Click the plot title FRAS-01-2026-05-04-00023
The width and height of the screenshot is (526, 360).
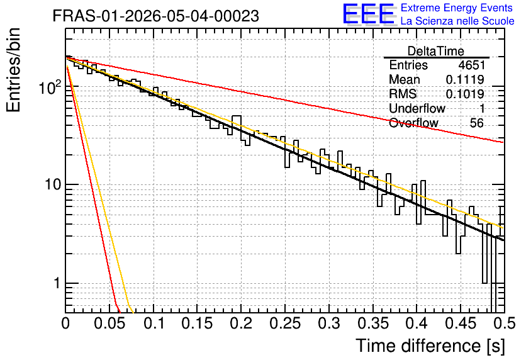tap(155, 16)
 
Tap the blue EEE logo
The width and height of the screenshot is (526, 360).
tap(369, 14)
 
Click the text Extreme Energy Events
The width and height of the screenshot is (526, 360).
tap(457, 8)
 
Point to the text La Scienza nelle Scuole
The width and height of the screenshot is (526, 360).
tap(457, 21)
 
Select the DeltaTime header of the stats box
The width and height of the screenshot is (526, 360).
tap(436, 51)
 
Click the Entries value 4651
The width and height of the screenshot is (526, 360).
tap(471, 65)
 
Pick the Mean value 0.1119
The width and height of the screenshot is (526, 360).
tap(465, 79)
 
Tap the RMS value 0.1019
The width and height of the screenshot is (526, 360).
tap(465, 94)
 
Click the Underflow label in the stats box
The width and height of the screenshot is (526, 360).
tap(417, 108)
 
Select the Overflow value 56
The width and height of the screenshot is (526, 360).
tap(477, 123)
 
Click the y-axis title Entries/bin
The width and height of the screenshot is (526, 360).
tap(13, 70)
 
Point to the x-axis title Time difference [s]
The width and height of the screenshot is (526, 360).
tap(430, 346)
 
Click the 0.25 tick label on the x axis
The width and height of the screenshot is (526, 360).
tap(285, 323)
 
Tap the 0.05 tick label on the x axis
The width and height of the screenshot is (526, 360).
tap(109, 323)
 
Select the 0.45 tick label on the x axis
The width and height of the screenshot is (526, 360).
tap(461, 323)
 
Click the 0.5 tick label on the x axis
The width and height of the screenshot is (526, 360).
tap(505, 323)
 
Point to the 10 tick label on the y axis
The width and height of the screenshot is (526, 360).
tap(52, 184)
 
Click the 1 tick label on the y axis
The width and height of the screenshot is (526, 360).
tap(57, 283)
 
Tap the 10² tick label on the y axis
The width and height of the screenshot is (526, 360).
tap(50, 87)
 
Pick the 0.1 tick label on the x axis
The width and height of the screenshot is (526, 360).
tap(154, 323)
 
